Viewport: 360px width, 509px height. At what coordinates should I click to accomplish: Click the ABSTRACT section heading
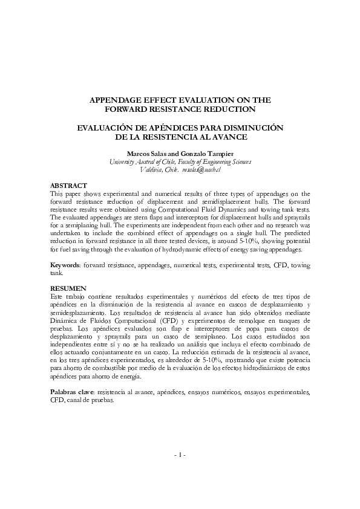coord(68,185)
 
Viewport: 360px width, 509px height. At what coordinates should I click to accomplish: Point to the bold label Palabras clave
coord(71,392)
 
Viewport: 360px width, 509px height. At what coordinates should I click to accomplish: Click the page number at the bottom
coord(180,471)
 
